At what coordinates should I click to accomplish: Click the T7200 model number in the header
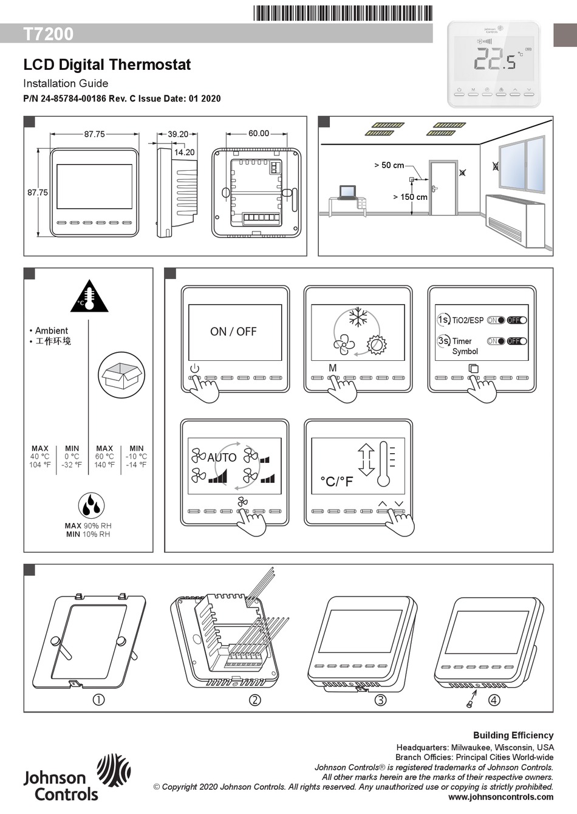pyautogui.click(x=49, y=34)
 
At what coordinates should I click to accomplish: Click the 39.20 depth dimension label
pyautogui.click(x=178, y=134)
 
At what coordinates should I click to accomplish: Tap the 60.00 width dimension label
pyautogui.click(x=258, y=134)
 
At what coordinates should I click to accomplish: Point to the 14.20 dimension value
pyautogui.click(x=185, y=152)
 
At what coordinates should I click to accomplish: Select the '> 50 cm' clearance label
pyautogui.click(x=389, y=165)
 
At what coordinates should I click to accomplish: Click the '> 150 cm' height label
pyautogui.click(x=410, y=197)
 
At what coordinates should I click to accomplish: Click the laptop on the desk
pyautogui.click(x=347, y=193)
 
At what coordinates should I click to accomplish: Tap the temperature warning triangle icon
pyautogui.click(x=89, y=298)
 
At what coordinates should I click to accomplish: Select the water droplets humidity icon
pyautogui.click(x=91, y=505)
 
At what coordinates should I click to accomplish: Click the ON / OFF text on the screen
pyautogui.click(x=233, y=332)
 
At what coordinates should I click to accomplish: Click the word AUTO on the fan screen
pyautogui.click(x=222, y=457)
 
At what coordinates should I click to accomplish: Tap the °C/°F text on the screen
pyautogui.click(x=336, y=482)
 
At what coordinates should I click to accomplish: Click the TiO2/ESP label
pyautogui.click(x=468, y=320)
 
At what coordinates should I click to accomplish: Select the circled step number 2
pyautogui.click(x=255, y=700)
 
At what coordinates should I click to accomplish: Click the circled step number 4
pyautogui.click(x=494, y=700)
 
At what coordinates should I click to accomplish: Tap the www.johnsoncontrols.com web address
pyautogui.click(x=500, y=797)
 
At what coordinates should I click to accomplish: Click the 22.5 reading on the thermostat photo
pyautogui.click(x=494, y=61)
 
